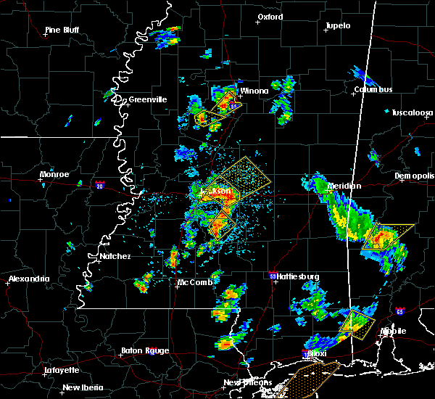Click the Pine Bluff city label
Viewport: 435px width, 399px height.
point(62,30)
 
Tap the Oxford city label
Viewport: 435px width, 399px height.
point(270,17)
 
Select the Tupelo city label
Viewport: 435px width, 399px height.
point(337,25)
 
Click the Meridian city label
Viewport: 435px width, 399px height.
point(344,186)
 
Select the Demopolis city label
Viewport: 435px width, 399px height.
point(414,176)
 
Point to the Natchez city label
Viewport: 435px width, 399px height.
point(115,256)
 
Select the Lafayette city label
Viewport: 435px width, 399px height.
point(62,369)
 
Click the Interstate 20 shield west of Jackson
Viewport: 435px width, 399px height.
point(99,185)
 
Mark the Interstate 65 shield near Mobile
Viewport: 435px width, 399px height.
point(400,310)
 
